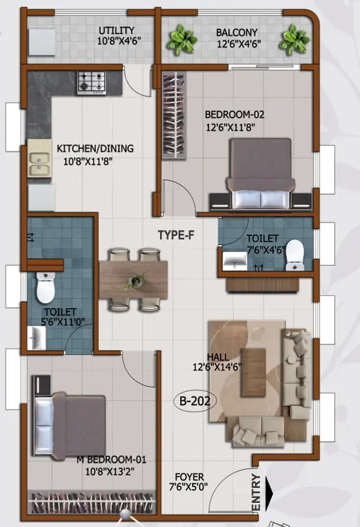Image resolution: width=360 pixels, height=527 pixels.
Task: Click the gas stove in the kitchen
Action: click(x=91, y=83)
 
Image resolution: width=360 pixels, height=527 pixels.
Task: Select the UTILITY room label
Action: click(x=117, y=30)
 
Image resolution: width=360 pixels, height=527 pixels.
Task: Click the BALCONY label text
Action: click(x=237, y=33)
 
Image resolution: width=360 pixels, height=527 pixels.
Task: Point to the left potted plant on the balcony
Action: click(x=182, y=40)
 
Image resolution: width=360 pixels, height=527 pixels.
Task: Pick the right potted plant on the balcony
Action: click(x=295, y=40)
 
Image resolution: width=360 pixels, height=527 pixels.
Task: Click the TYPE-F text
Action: click(x=176, y=235)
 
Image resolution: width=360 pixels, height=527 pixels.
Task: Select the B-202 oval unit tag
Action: click(x=195, y=401)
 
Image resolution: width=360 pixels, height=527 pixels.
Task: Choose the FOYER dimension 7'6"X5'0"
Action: click(x=189, y=487)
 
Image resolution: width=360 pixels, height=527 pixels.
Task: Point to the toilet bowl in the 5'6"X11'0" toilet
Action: click(x=45, y=288)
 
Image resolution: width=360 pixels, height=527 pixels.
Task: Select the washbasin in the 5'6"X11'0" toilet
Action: click(x=36, y=338)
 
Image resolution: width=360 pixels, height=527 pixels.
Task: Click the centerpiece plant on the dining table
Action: click(x=135, y=282)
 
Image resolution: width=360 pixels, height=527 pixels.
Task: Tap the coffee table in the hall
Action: click(x=254, y=372)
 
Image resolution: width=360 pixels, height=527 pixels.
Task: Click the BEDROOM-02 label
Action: click(x=235, y=115)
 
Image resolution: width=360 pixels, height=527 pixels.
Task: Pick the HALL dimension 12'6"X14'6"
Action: click(x=217, y=367)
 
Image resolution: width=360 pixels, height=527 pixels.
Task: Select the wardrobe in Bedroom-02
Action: click(x=174, y=115)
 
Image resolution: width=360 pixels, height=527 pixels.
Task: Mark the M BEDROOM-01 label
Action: click(x=111, y=459)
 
